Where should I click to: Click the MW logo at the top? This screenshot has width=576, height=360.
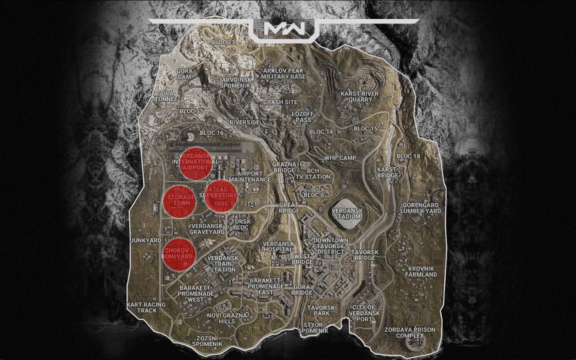click(284, 29)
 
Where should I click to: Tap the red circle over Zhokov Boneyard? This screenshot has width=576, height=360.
click(180, 254)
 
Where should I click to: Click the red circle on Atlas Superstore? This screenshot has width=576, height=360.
click(220, 196)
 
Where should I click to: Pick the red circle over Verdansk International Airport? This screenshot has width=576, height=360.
click(195, 162)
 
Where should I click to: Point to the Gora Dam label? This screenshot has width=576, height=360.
click(184, 74)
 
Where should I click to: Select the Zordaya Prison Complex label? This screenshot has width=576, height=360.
click(410, 332)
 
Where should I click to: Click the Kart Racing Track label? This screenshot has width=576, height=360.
click(146, 307)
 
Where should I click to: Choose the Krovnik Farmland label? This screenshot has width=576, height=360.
click(421, 272)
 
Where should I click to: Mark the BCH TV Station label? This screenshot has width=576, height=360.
click(313, 174)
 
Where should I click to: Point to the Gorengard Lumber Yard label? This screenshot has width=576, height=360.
click(421, 208)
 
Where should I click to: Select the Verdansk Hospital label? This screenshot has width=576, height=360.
click(278, 246)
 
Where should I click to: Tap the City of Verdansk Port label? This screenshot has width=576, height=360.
click(366, 310)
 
